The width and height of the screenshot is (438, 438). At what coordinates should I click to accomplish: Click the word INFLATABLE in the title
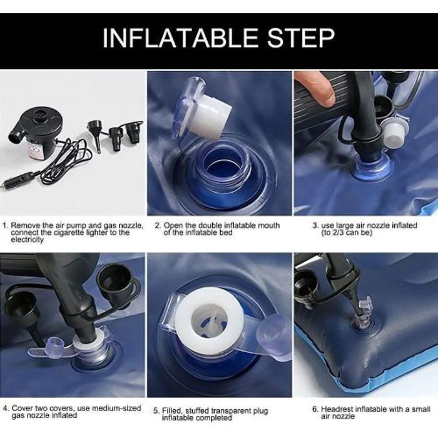(180, 38)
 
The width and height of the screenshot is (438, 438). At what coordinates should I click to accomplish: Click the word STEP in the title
(300, 38)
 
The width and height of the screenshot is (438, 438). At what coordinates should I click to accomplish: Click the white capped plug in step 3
(394, 133)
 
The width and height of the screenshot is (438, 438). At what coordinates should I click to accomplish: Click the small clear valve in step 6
(362, 313)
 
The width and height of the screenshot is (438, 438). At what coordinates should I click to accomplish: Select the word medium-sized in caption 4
(116, 408)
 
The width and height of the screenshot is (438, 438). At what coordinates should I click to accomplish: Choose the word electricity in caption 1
(28, 240)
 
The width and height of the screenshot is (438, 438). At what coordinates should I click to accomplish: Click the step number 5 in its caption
(156, 411)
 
